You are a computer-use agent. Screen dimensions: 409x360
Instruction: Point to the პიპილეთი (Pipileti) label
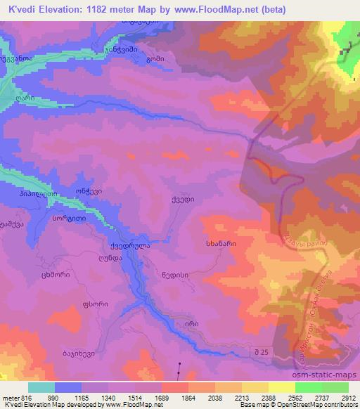pos(38,194)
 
